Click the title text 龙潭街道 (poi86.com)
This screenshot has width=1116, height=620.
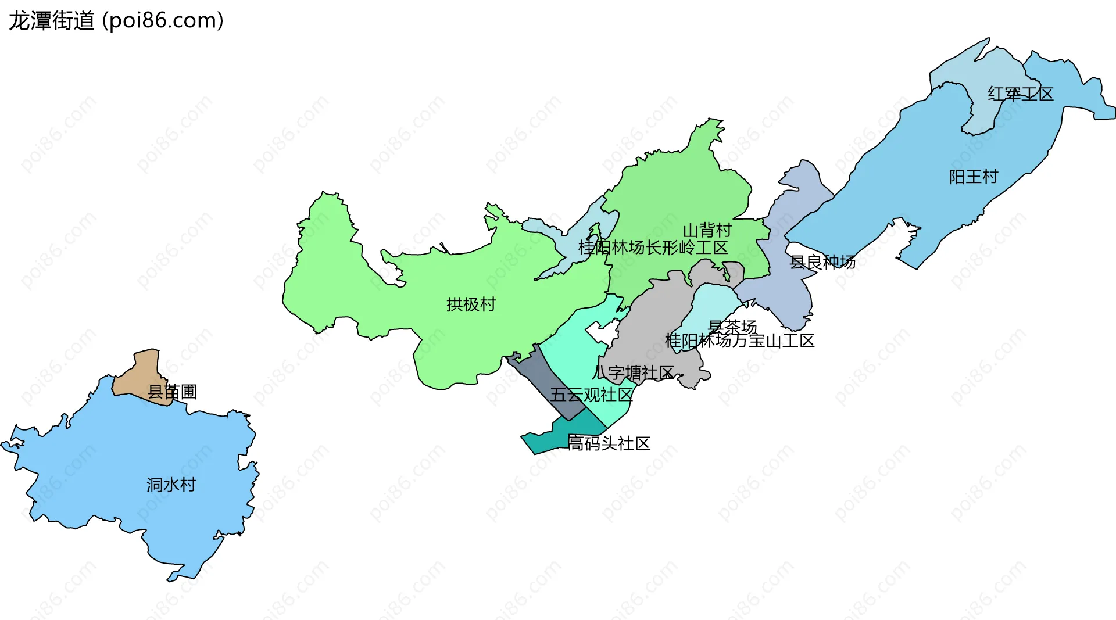click(x=116, y=21)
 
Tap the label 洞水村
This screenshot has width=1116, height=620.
click(x=171, y=485)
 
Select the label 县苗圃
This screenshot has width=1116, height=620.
click(x=172, y=392)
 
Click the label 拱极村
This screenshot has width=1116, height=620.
click(x=471, y=304)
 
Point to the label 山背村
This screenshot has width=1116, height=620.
click(x=707, y=231)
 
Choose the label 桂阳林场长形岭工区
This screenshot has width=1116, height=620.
click(x=653, y=248)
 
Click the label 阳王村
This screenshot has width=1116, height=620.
click(x=973, y=177)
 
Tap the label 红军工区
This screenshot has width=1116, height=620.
click(x=1020, y=94)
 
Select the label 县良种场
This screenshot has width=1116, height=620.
click(x=822, y=262)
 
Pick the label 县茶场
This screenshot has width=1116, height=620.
click(x=732, y=327)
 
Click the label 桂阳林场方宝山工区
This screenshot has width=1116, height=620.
click(x=739, y=341)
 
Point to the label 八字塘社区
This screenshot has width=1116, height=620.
click(x=634, y=372)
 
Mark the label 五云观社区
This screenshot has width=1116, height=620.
click(x=591, y=395)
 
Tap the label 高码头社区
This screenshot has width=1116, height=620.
click(x=609, y=443)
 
